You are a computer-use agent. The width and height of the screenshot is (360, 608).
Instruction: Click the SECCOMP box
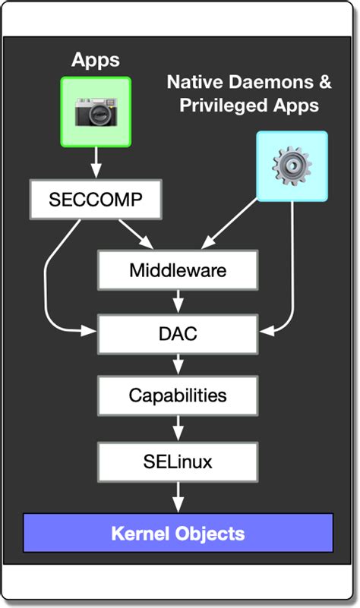click(x=96, y=200)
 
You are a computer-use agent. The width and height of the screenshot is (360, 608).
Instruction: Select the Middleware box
click(x=178, y=270)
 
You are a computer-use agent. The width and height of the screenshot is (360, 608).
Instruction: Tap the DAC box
click(x=178, y=333)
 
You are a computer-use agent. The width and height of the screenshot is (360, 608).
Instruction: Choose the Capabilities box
click(x=178, y=395)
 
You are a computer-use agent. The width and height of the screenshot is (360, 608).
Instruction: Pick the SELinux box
click(x=178, y=462)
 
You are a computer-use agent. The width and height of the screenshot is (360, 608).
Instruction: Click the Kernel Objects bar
click(x=178, y=533)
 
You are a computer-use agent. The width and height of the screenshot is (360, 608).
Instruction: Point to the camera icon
click(x=96, y=112)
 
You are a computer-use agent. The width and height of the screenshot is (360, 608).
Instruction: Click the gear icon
click(x=292, y=165)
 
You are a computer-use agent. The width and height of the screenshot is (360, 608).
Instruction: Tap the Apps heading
click(x=96, y=60)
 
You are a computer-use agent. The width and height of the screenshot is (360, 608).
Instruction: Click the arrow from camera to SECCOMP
click(x=96, y=163)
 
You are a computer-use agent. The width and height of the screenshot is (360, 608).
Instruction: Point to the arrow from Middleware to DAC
click(x=178, y=301)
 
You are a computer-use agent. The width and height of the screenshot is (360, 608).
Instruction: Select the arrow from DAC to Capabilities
click(x=178, y=364)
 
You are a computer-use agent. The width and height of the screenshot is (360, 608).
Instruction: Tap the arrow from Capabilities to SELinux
click(x=178, y=428)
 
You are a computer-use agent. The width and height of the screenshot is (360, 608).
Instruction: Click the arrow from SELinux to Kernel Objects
click(x=178, y=497)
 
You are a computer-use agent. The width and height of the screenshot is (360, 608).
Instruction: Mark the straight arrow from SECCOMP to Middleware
click(x=136, y=234)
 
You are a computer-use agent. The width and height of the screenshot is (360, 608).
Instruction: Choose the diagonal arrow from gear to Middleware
click(x=229, y=223)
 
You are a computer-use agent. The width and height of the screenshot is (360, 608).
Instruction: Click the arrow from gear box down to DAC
click(x=292, y=267)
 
